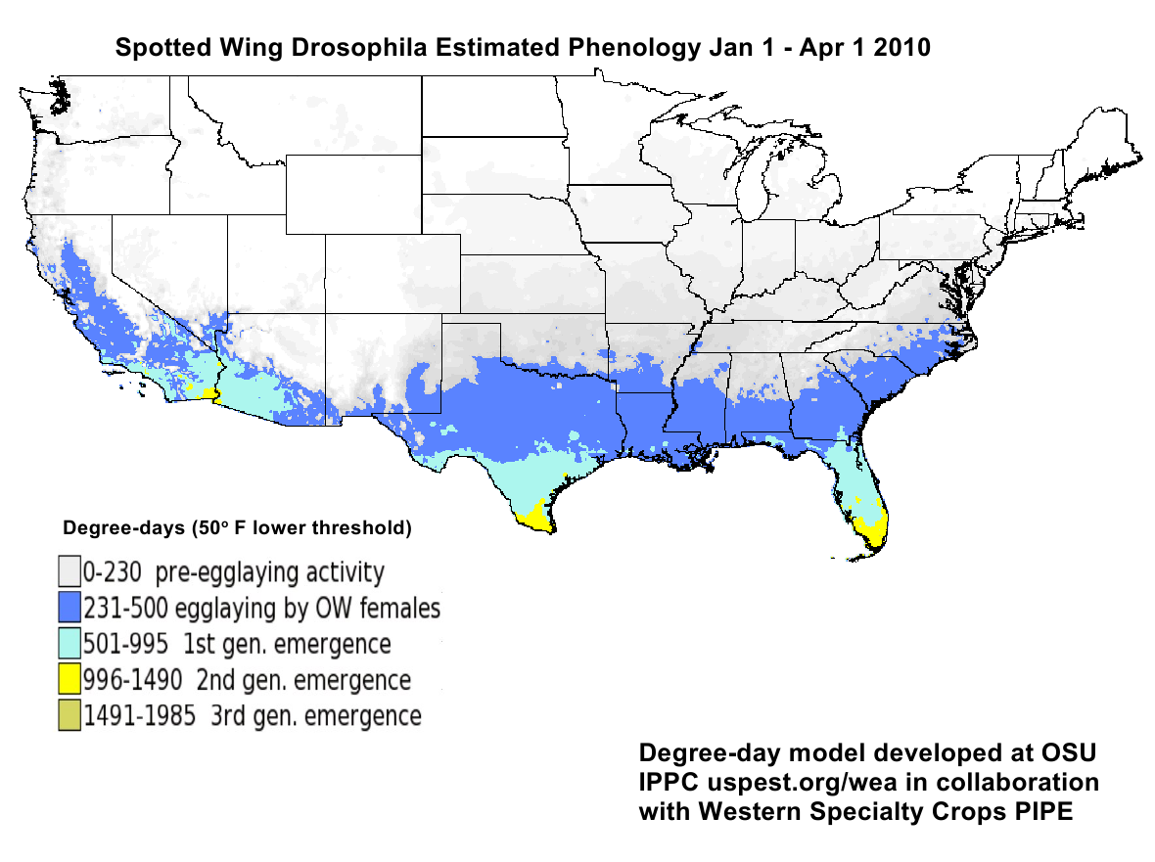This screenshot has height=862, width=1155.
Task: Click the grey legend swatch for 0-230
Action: coord(69,571)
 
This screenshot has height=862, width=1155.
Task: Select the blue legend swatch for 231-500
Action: coord(69,608)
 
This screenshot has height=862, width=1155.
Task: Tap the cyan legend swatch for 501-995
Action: coord(69,643)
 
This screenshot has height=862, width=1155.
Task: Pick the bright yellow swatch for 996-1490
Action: coord(69,678)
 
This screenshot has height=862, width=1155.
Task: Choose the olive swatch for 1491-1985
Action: coord(69,714)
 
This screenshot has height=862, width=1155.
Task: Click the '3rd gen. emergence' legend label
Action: coord(315,715)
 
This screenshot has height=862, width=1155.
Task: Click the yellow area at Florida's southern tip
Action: coord(872,531)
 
